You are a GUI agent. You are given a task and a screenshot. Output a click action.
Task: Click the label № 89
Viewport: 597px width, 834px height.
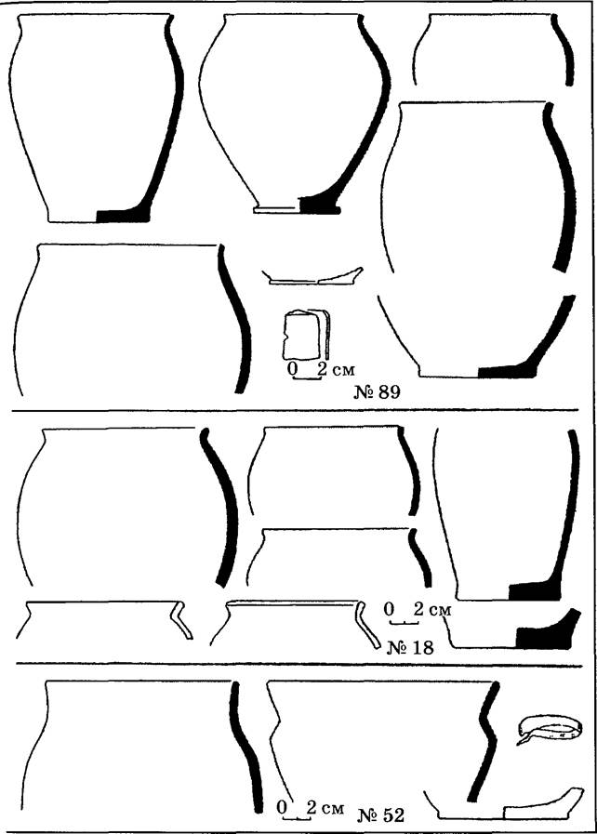377,392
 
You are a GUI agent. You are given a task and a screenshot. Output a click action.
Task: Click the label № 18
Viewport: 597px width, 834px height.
410,647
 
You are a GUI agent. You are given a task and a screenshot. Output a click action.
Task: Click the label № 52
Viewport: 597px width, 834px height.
380,814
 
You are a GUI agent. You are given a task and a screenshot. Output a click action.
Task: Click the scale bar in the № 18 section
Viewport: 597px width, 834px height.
405,621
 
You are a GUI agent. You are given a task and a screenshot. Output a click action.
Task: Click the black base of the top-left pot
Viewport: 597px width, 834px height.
123,216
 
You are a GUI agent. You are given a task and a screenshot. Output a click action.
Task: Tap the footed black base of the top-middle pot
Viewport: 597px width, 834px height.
319,205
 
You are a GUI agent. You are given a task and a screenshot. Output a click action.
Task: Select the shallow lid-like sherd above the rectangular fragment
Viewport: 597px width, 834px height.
312,277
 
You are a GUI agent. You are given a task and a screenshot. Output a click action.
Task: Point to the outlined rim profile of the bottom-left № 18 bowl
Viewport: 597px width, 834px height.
180,619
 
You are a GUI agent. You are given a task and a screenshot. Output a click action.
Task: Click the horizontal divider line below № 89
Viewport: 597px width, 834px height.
296,411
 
